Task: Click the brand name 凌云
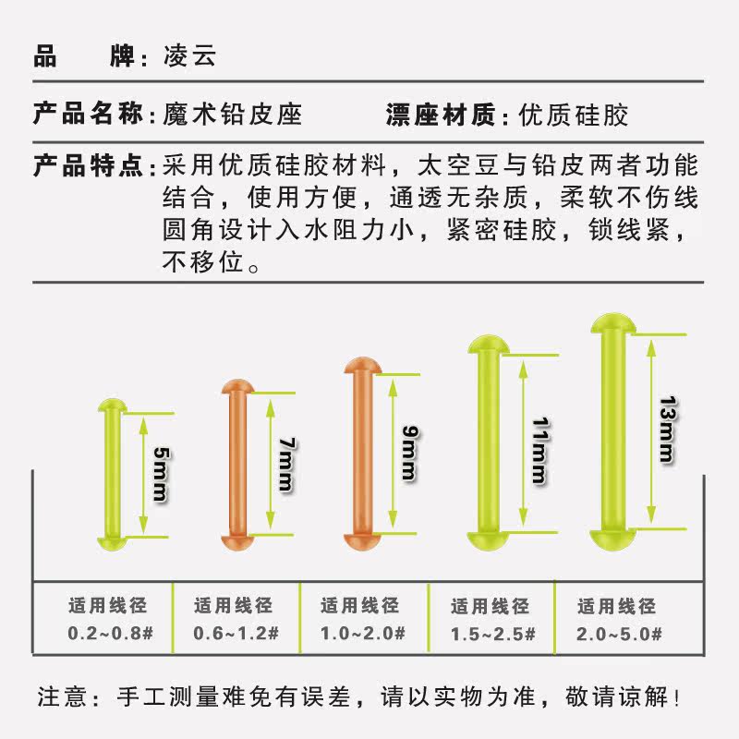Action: (190, 56)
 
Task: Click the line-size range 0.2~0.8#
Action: (108, 634)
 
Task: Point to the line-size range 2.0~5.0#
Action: (618, 634)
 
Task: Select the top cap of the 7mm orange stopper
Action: (235, 385)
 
